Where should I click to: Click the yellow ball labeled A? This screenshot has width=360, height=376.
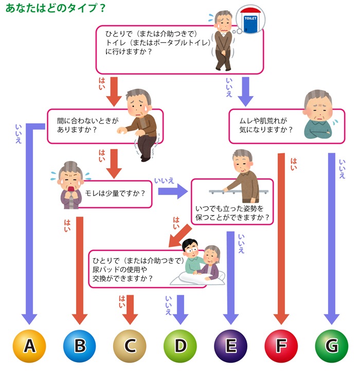pos(30,345)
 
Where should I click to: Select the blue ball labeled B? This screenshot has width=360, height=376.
pos(80,345)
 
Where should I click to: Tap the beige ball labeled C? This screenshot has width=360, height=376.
pos(130,345)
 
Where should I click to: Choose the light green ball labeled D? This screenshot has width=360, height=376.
pos(180,345)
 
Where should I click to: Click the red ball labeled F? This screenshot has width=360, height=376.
pos(281,345)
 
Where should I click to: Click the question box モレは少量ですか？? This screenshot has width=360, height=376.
pos(113,193)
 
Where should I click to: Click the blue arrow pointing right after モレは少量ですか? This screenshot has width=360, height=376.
pos(172,192)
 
